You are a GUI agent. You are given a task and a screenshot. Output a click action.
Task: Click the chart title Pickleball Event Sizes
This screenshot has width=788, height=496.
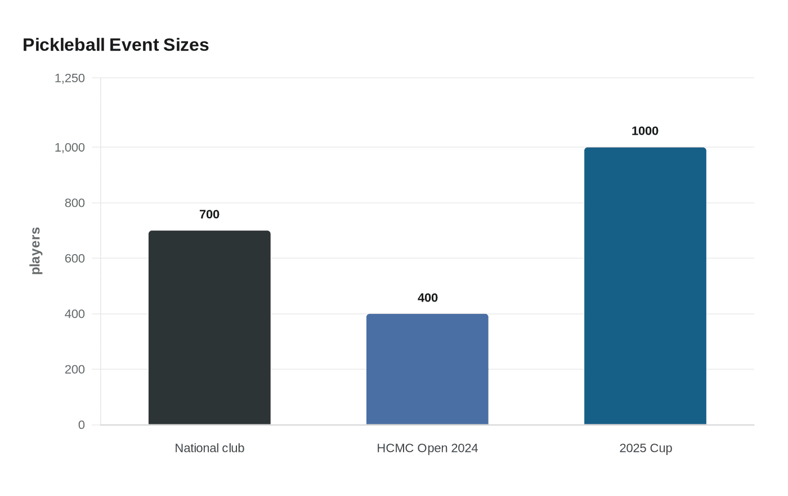pos(116,45)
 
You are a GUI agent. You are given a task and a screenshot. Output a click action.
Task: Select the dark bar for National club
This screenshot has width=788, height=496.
pos(209,327)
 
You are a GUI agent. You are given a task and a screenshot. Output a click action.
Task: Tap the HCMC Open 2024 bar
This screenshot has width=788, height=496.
pos(427,369)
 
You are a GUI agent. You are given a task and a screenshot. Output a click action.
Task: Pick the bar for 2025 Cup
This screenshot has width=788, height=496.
pos(645,286)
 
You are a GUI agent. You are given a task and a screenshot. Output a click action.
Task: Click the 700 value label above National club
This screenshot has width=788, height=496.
pos(209,214)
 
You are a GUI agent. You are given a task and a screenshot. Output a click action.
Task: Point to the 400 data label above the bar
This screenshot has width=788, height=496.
pos(427,298)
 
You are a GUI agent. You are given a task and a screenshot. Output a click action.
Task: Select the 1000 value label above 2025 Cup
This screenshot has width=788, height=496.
pos(645,131)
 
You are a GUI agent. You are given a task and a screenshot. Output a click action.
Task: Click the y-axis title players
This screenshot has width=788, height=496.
pos(35,251)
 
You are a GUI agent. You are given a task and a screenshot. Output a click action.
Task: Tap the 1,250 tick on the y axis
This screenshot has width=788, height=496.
pos(70,78)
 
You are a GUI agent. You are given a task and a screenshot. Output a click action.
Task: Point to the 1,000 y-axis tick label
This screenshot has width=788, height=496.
pos(70,148)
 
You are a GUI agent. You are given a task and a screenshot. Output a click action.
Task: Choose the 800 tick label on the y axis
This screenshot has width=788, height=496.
pos(74,203)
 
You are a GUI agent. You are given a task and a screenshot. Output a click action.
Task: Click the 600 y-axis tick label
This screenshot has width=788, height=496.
pos(74,258)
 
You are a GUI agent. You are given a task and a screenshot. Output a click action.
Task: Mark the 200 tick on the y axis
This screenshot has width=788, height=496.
pos(74,369)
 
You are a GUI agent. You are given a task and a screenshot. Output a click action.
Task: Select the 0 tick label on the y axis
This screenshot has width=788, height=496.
pos(81,425)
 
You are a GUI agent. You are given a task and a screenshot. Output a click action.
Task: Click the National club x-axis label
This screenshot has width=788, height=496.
pos(209,448)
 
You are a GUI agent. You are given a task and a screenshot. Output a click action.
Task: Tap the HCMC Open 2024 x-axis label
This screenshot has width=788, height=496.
pos(427,448)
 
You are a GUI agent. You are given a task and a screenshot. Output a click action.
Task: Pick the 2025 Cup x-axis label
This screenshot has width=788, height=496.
pos(646,449)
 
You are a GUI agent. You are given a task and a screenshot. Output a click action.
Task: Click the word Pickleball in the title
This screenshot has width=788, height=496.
pos(64,45)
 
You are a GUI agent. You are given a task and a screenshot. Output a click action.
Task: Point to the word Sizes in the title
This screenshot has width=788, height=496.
pos(186,45)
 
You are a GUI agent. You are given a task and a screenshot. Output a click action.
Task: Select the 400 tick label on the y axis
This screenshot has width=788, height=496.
pos(74,314)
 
